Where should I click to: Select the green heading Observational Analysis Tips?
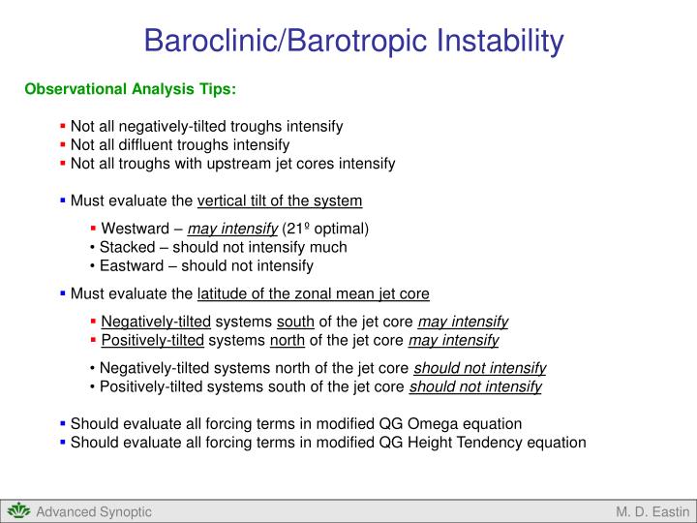click(130, 89)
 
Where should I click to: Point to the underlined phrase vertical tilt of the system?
click(280, 201)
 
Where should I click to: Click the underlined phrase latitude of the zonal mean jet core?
click(313, 293)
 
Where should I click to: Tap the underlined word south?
click(294, 322)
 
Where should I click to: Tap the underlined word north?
click(288, 340)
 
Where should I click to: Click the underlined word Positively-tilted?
click(152, 340)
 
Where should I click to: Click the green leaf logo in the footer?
click(18, 511)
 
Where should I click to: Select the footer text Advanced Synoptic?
click(94, 512)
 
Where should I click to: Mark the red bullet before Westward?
click(93, 230)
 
